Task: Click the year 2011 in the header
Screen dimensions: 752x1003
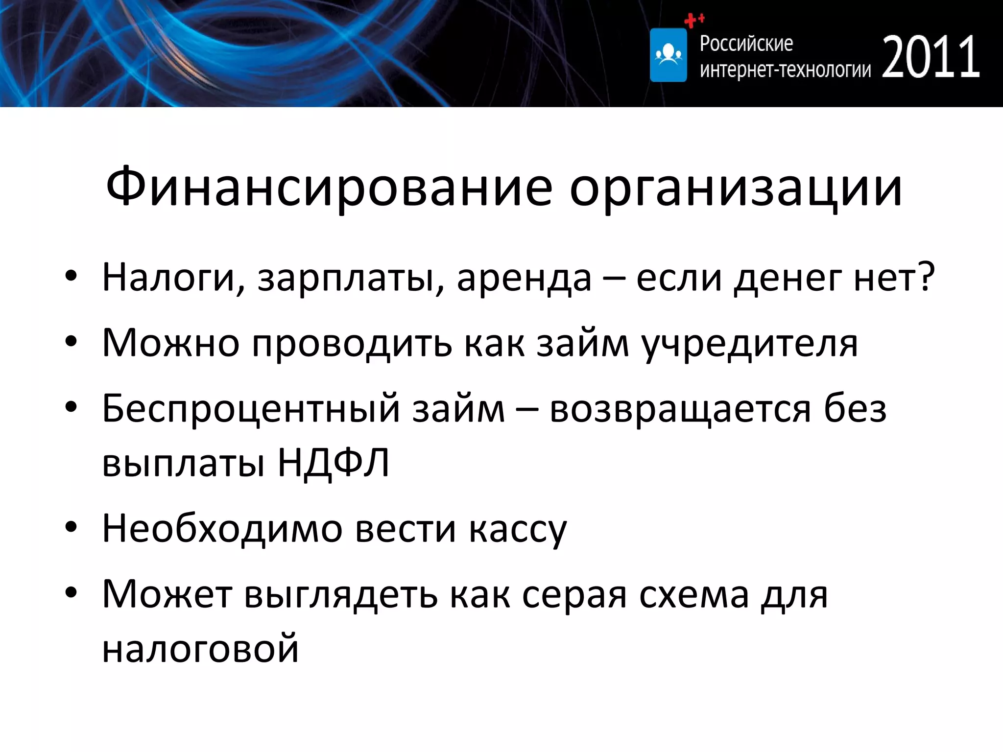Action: tap(931, 57)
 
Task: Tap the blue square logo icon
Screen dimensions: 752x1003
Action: tap(668, 55)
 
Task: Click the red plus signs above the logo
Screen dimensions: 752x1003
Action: tap(693, 20)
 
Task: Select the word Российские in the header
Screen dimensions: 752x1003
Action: tap(746, 44)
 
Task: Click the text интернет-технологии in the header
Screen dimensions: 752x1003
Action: tap(785, 70)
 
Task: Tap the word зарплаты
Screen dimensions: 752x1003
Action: tap(350, 278)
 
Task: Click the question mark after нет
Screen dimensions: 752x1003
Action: tap(926, 276)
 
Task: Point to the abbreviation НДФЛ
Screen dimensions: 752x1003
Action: tap(333, 463)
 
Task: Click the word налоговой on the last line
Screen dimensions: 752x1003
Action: tap(200, 648)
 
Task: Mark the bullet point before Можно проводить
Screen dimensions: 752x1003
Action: tap(71, 343)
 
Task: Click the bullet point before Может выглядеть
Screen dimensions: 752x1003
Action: tap(71, 593)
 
